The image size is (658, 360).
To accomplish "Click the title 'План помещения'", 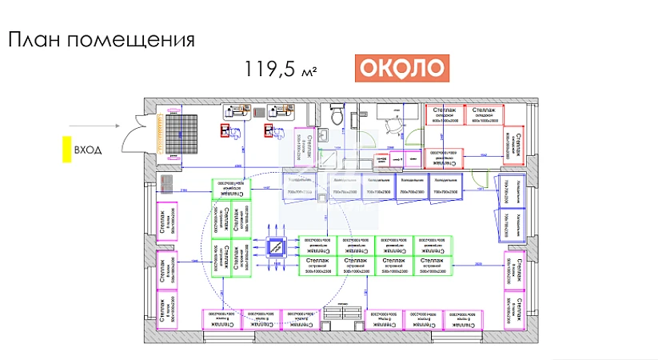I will coord(102,40).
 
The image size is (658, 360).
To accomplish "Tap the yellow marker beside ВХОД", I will coord(68,150).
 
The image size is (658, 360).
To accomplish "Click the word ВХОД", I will coord(87,150).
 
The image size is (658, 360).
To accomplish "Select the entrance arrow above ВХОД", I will coord(93,125).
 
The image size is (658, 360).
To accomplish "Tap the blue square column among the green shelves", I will coord(276,249).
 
